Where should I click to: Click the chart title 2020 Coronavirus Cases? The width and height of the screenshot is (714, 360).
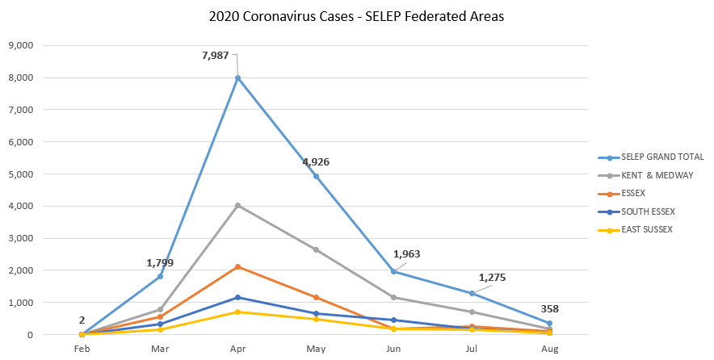coord(356,17)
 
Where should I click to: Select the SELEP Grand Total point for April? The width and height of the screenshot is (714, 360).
coord(237,78)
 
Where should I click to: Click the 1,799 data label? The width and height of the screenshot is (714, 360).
coord(159,262)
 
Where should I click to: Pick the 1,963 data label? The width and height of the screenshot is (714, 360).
coord(406,253)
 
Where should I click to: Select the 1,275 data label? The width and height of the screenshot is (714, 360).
coord(492,278)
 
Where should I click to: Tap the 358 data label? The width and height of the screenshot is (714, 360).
coord(549,308)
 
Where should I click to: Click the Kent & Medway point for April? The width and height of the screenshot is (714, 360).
coord(237,205)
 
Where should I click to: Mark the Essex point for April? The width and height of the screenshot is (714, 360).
coord(237,266)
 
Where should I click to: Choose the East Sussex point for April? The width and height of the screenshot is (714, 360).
coord(237,312)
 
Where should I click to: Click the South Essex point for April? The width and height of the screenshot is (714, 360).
coord(237,297)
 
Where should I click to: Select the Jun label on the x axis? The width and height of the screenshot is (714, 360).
coord(393,349)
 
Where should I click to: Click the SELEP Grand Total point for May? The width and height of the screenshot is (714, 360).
coord(316,176)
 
